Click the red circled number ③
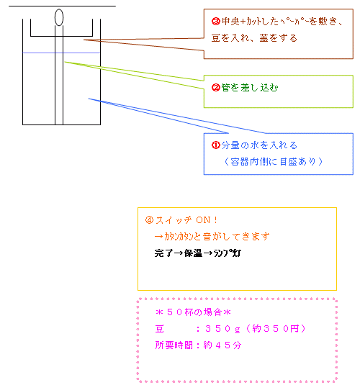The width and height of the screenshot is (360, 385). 215,22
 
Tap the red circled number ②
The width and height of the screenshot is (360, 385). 215,87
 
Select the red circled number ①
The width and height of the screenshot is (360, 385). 215,145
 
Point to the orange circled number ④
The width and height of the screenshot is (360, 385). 149,219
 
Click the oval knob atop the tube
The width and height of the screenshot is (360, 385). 59,17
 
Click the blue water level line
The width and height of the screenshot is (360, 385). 61,53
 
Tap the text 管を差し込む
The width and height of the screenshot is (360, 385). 249,88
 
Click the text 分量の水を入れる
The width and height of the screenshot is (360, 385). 259,145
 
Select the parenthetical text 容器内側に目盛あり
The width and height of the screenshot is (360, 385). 274,162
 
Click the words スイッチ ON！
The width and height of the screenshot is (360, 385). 186,220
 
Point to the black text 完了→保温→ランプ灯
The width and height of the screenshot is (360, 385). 198,253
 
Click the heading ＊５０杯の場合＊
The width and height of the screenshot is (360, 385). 193,312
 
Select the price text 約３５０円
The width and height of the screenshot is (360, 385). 275,329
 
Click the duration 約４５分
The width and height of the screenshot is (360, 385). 222,345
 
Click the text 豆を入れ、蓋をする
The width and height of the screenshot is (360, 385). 254,38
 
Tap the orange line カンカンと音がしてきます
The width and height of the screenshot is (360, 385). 212,237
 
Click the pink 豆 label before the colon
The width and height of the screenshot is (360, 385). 160,329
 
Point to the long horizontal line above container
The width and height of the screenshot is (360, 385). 62,6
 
